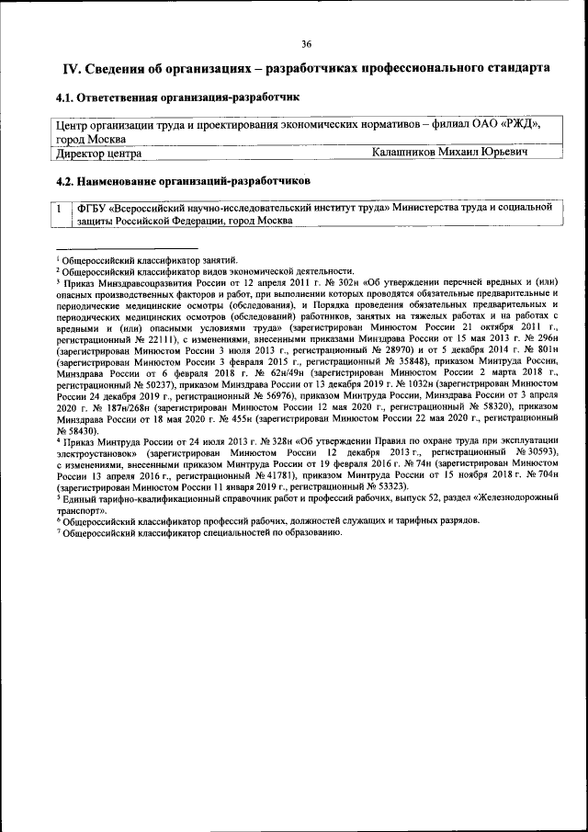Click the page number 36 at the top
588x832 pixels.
(306, 43)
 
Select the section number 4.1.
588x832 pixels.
(66, 97)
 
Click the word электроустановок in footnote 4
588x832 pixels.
(98, 453)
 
